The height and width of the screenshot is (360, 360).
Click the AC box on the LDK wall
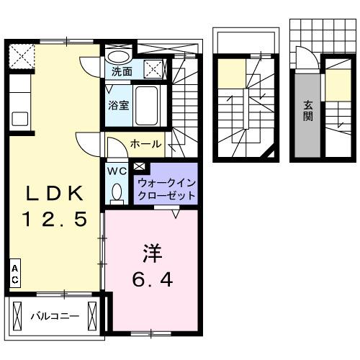[14, 273]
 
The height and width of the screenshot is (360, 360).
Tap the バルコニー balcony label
[54, 315]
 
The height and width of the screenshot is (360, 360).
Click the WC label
[116, 171]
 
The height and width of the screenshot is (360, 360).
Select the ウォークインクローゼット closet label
[166, 189]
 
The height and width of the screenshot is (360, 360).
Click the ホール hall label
[145, 145]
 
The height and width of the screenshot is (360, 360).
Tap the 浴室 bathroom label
[119, 104]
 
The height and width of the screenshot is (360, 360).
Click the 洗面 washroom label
[122, 71]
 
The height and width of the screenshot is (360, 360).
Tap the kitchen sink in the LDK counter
[19, 117]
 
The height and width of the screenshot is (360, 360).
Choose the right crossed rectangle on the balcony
[92, 315]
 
